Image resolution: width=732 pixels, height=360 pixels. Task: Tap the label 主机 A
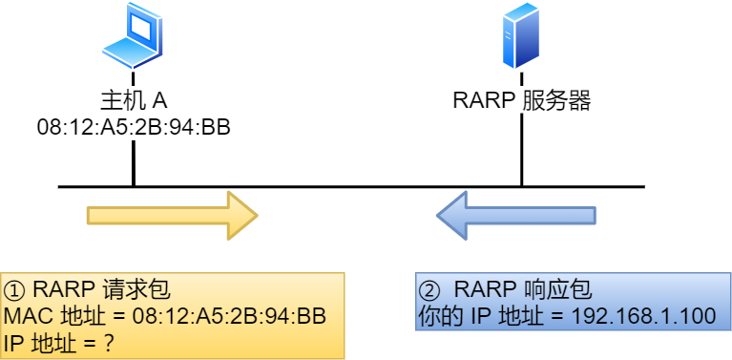pyautogui.click(x=134, y=100)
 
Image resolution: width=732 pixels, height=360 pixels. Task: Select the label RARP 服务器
pyautogui.click(x=521, y=100)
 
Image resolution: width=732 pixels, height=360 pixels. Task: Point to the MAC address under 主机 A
pyautogui.click(x=134, y=127)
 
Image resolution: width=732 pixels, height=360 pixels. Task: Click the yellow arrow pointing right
pyautogui.click(x=172, y=214)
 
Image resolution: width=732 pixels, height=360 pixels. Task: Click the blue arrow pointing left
pyautogui.click(x=516, y=214)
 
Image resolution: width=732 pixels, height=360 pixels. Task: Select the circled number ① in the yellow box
pyautogui.click(x=15, y=290)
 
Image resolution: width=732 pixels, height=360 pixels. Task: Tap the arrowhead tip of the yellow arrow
pyautogui.click(x=255, y=214)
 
